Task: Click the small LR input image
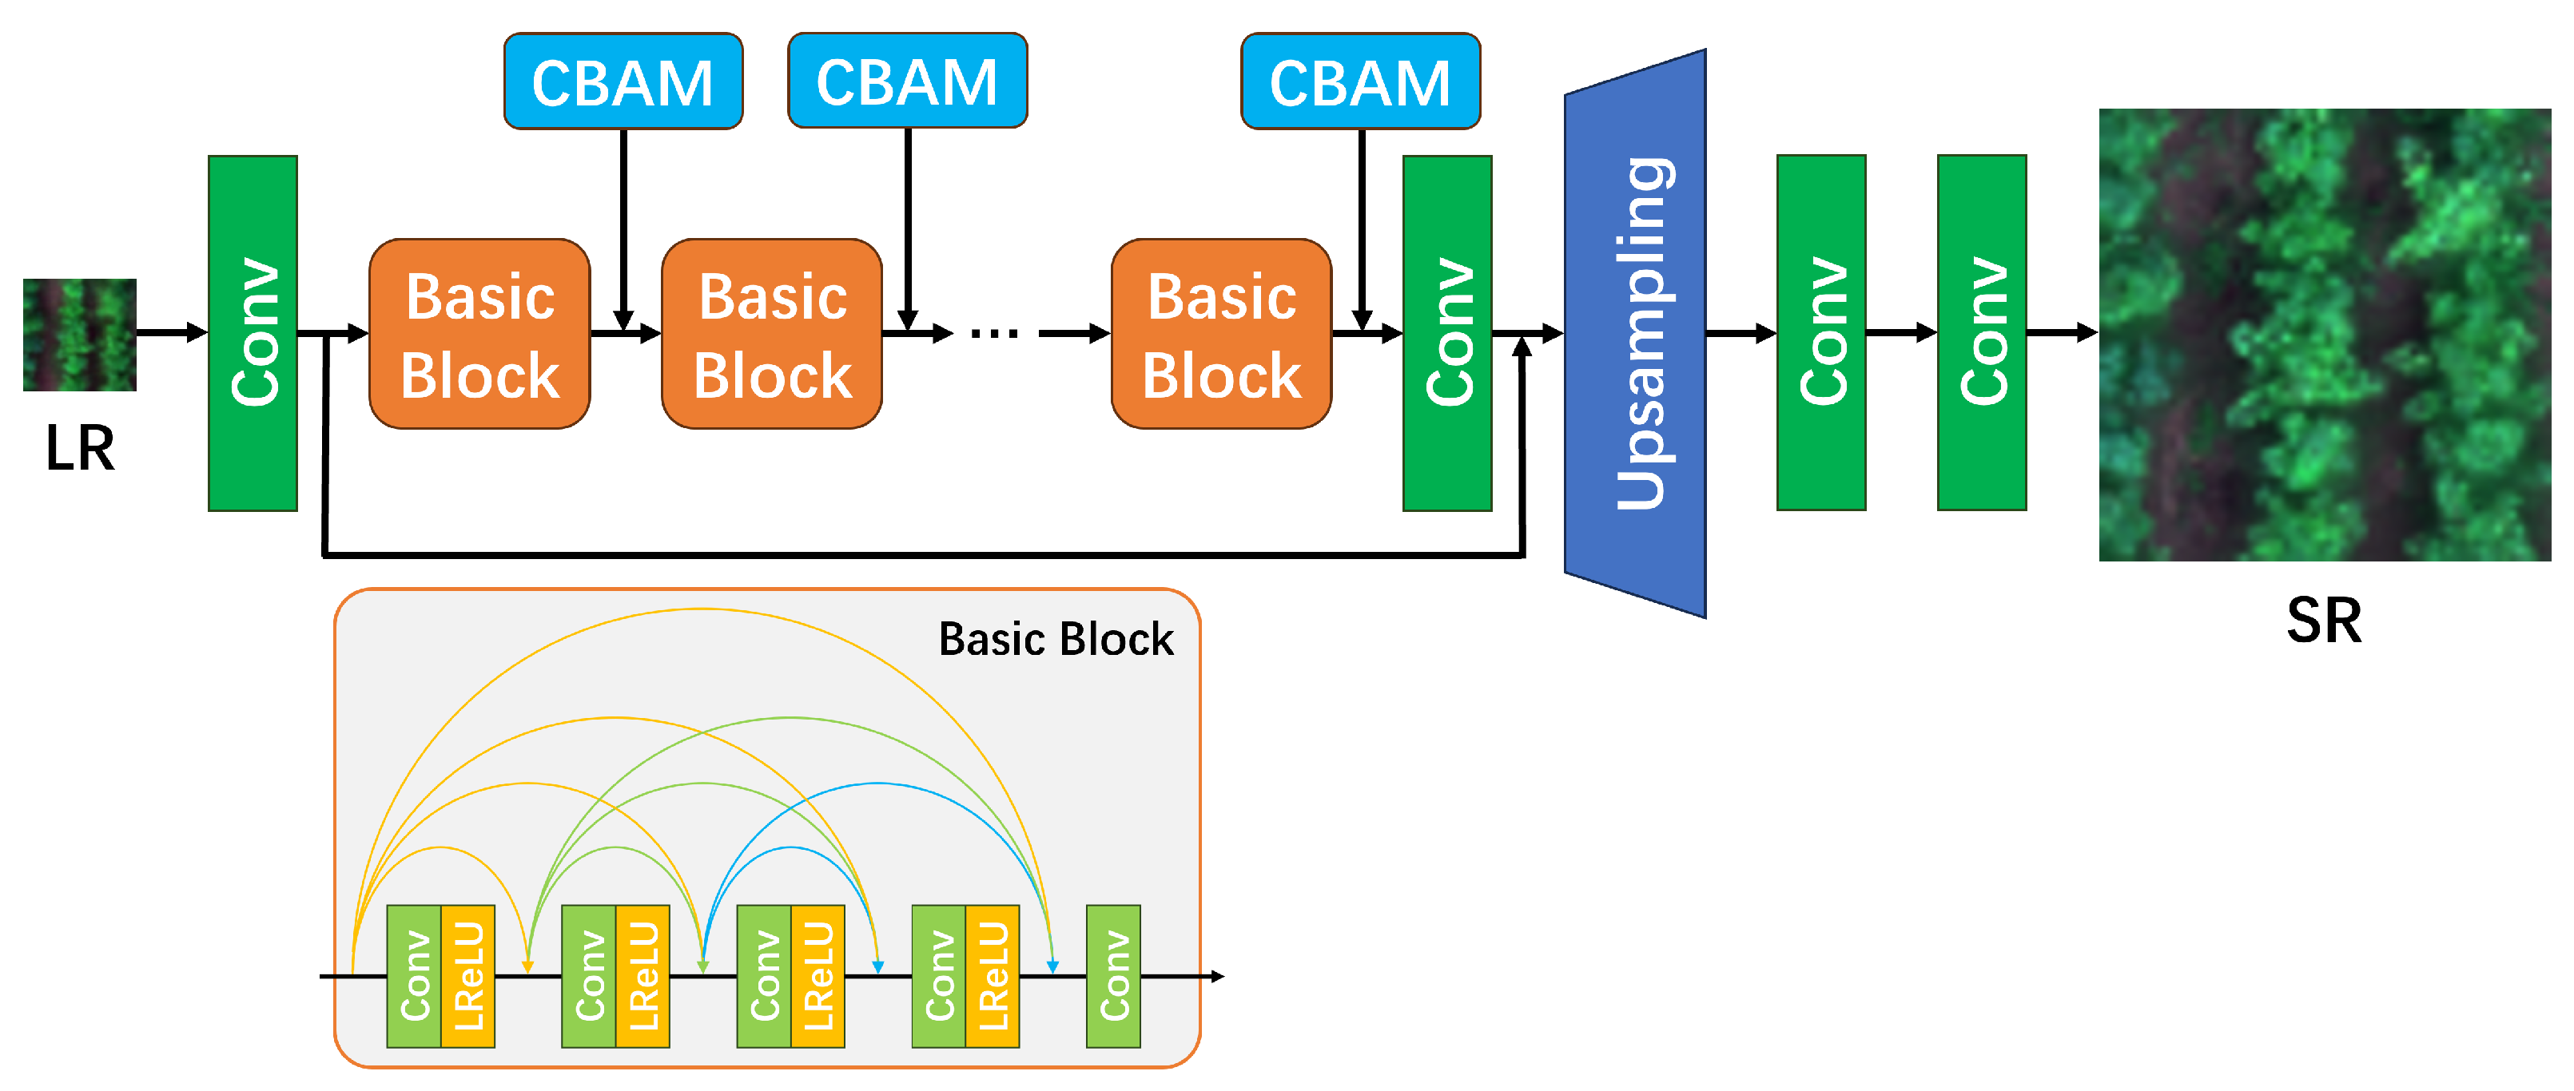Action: [80, 335]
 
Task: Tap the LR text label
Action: [80, 449]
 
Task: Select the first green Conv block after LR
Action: [253, 333]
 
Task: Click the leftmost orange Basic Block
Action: [479, 334]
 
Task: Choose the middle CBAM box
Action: [907, 81]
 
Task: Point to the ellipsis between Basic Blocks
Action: [994, 333]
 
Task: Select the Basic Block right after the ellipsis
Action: [1221, 334]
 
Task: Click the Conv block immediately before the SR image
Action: [1982, 333]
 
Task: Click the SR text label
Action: [2324, 621]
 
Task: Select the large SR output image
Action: [2324, 335]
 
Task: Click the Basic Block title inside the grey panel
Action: [1056, 640]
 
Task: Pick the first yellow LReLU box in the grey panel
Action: [467, 976]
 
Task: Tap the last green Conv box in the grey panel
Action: [1113, 976]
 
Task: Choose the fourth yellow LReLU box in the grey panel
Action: [993, 976]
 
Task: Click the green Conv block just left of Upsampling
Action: [1447, 333]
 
